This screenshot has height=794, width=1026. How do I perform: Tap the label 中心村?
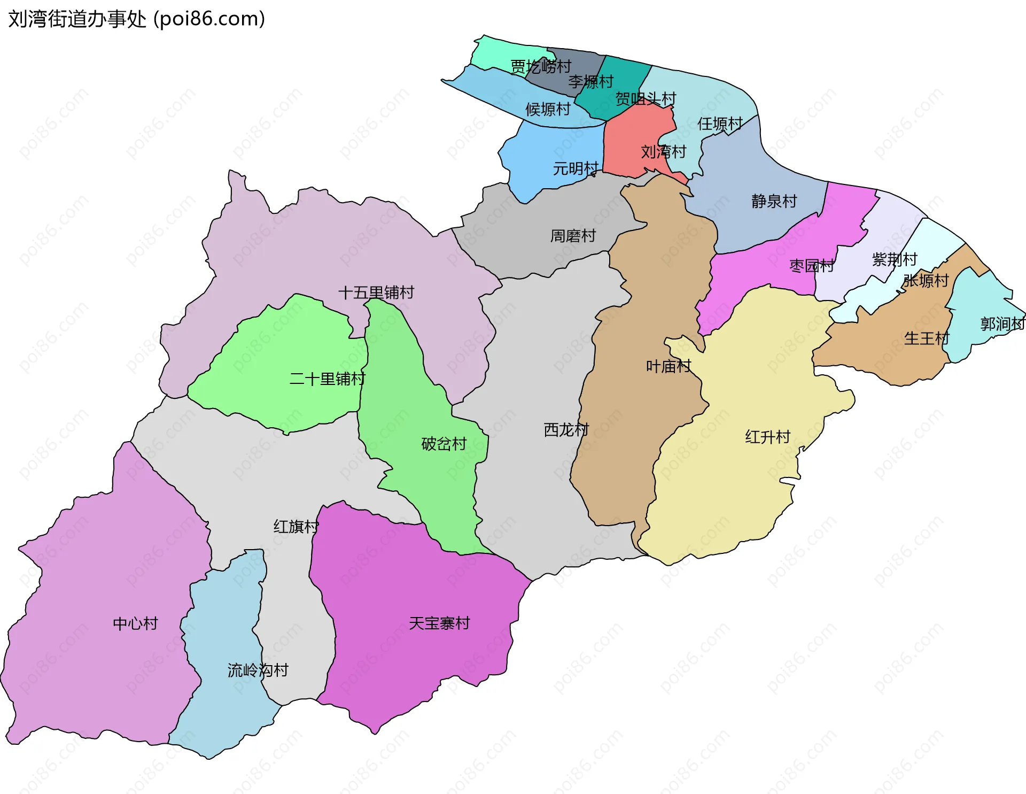135,623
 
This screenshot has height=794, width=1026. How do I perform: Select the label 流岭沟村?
258,670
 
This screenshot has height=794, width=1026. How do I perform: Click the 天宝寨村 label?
439,623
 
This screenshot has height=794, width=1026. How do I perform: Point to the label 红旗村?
296,526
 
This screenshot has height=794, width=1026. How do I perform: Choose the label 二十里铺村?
327,379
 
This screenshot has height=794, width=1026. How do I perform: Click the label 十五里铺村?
376,292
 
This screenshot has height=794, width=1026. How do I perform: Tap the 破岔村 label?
444,444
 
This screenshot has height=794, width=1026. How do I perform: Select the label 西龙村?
566,429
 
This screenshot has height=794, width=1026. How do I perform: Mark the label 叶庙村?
669,366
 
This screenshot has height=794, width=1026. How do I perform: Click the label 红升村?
767,437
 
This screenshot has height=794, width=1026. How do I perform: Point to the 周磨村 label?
573,235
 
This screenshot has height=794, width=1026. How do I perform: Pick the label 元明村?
575,168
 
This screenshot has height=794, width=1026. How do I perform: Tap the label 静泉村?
774,201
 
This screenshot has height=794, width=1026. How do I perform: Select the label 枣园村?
811,265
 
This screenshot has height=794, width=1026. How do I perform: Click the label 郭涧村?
1002,323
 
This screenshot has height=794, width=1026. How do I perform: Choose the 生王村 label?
926,338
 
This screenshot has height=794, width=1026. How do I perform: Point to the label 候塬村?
548,109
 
